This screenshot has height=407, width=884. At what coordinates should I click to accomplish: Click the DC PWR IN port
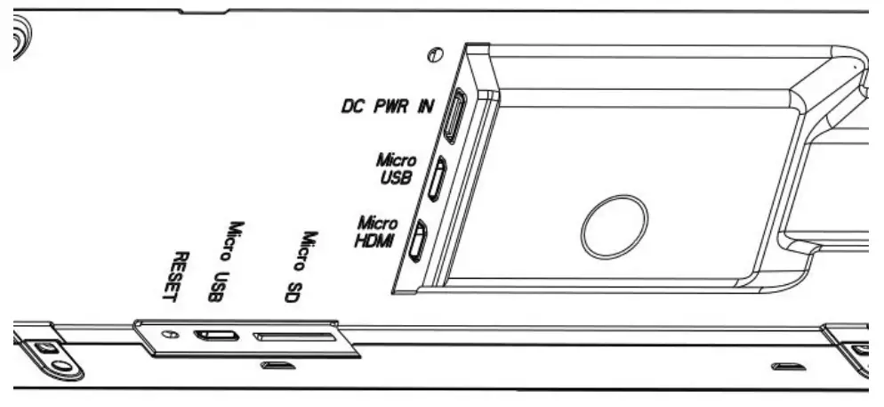tap(453, 115)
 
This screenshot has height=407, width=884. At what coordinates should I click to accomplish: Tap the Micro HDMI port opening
tap(418, 241)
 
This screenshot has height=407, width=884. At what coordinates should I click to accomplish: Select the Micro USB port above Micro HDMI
tap(438, 178)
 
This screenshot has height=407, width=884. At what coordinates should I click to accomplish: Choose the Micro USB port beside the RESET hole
tap(217, 336)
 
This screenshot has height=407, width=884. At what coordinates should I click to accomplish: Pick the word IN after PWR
tap(428, 106)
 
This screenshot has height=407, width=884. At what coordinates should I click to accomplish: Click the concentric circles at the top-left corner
tap(20, 40)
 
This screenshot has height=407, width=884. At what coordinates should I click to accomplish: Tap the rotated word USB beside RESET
tap(213, 287)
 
